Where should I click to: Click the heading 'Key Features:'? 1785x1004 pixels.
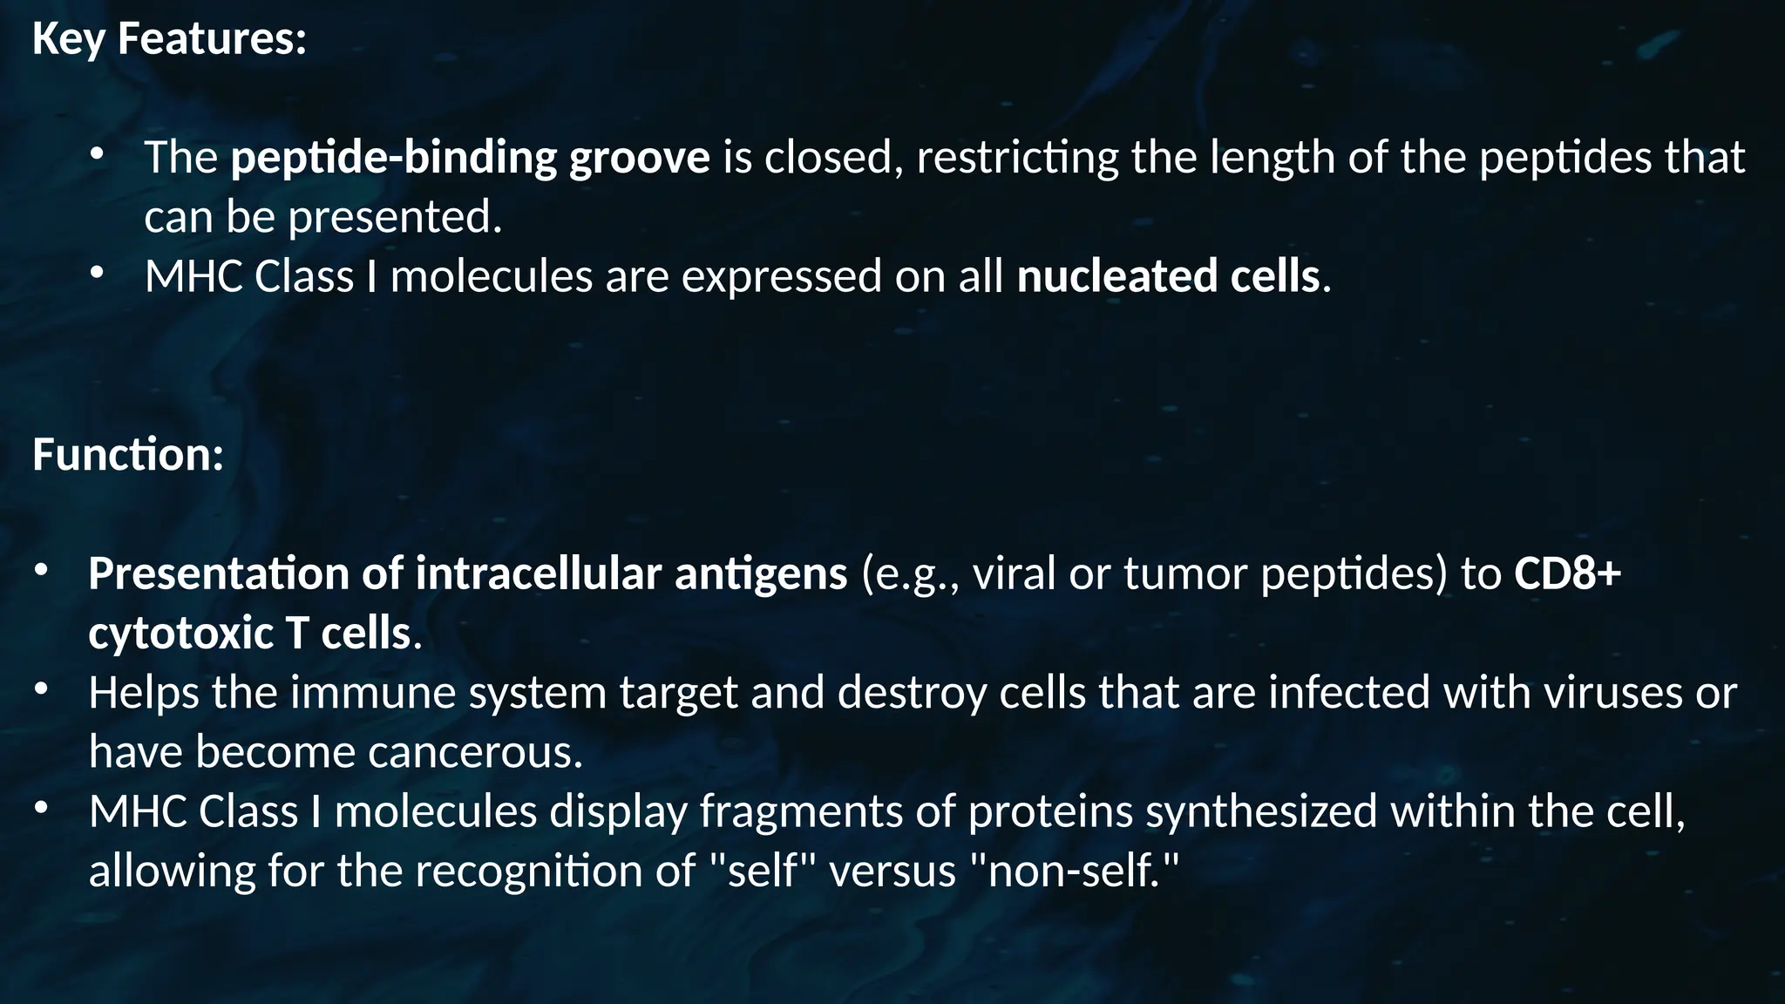point(169,39)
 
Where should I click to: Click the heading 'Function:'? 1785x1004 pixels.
point(128,455)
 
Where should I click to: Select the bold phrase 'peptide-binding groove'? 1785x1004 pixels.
point(470,158)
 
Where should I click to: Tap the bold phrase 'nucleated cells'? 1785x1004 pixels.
point(1168,276)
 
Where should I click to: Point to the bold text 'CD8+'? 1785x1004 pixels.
point(1567,573)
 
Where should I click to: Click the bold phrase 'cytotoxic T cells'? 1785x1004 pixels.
point(249,633)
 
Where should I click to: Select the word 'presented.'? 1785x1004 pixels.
point(395,217)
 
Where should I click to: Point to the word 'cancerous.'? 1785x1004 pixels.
point(475,751)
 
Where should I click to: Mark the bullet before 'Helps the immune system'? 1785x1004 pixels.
point(41,691)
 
